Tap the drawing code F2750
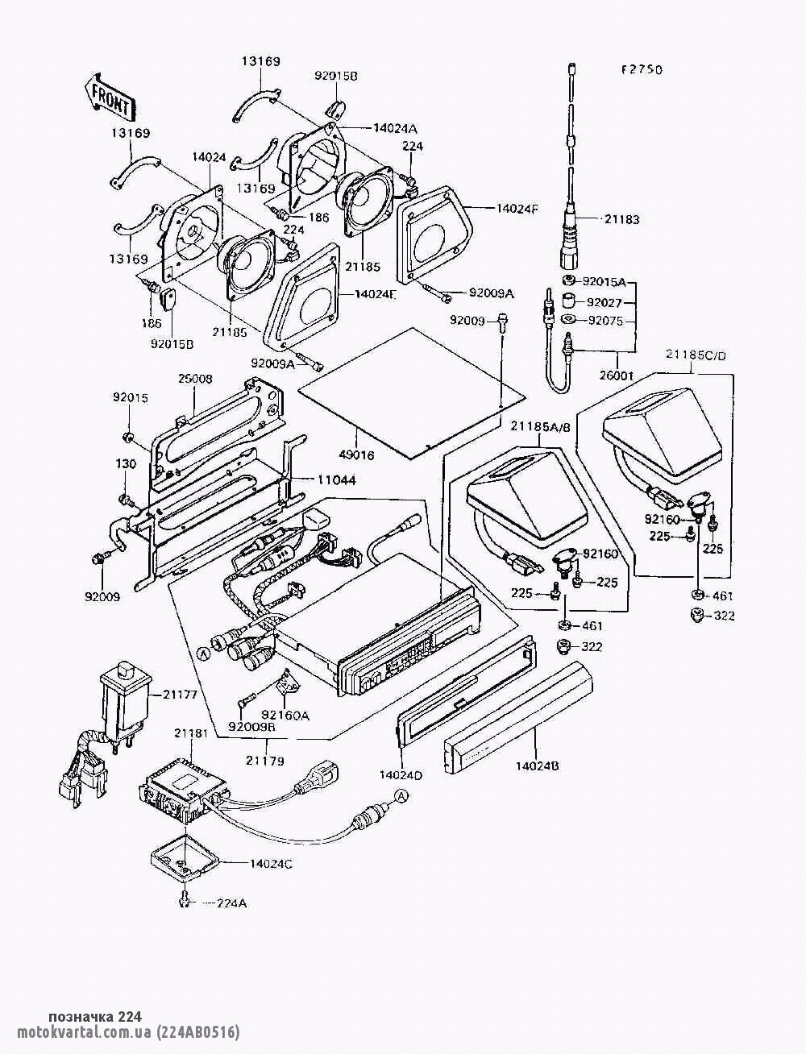(x=641, y=70)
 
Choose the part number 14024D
(x=401, y=775)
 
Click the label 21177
(x=181, y=692)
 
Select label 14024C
(x=271, y=863)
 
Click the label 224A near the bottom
(x=231, y=903)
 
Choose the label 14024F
(x=517, y=208)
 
